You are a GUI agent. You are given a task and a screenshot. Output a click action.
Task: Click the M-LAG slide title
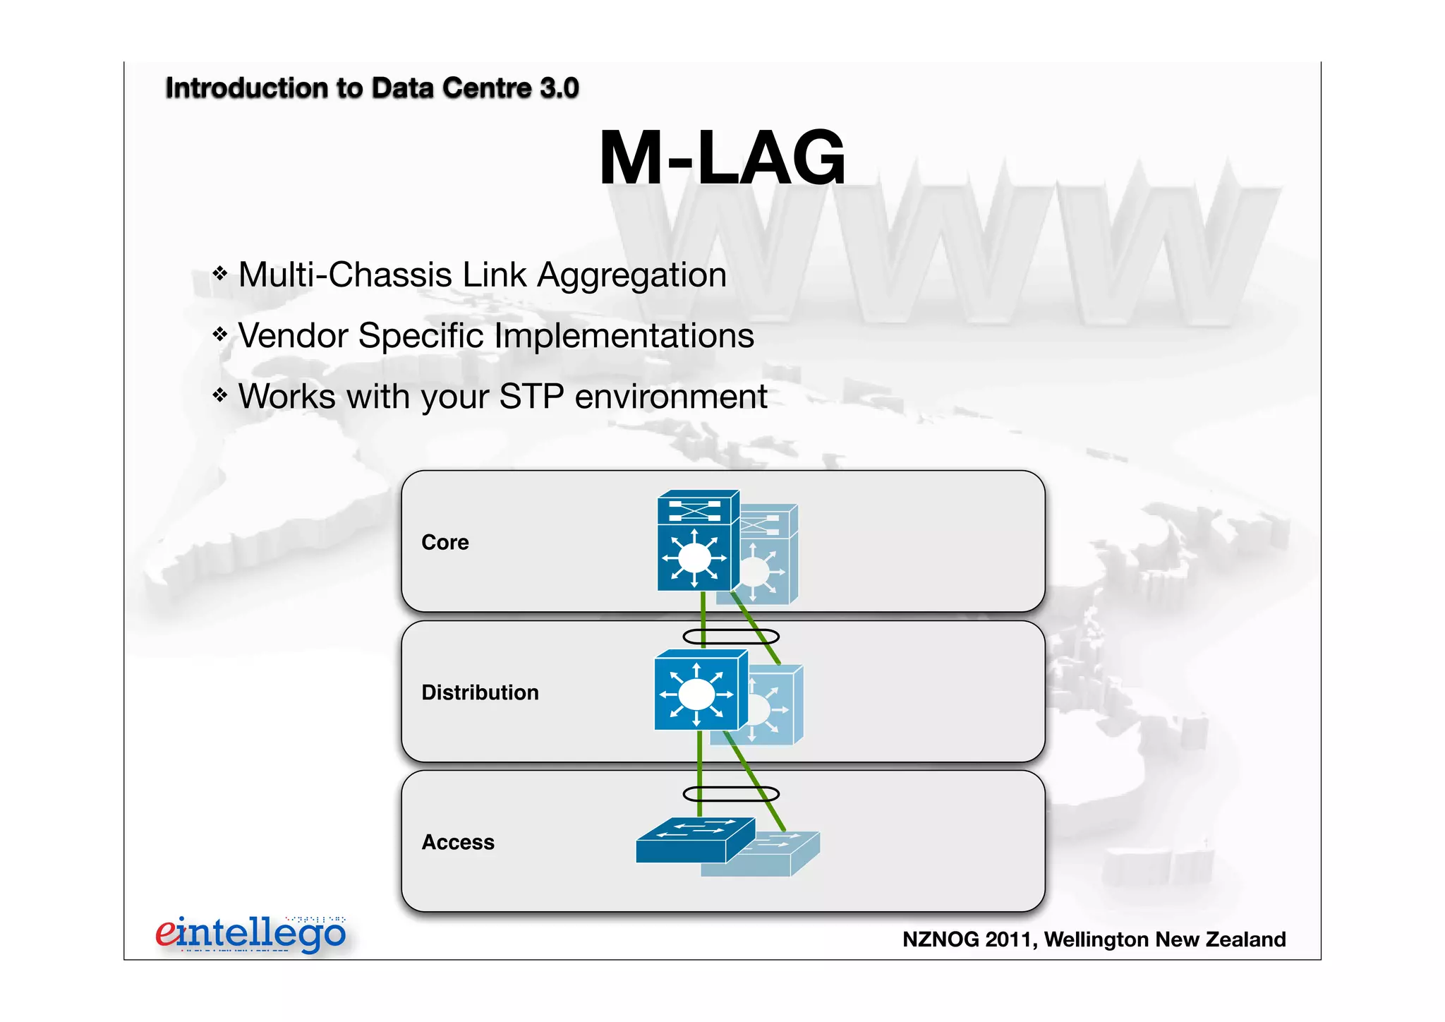722,158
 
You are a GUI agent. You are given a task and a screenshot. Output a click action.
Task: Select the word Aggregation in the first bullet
631,275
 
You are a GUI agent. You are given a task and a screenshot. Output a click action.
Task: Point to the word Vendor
293,336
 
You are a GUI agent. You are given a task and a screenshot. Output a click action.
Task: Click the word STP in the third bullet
531,397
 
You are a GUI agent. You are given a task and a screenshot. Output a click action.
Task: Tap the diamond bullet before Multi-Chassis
220,273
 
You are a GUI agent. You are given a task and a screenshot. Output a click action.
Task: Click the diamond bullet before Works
220,395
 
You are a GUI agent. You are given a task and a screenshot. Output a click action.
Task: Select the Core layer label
445,542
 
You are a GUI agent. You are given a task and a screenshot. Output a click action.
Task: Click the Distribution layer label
480,692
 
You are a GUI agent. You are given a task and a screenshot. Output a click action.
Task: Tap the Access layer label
458,842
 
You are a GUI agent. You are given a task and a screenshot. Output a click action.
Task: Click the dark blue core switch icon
695,542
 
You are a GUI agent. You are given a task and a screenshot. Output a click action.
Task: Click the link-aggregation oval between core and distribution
731,637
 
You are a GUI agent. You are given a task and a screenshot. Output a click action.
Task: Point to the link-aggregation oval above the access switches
731,794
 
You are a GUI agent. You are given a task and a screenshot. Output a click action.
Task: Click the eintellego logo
250,934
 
